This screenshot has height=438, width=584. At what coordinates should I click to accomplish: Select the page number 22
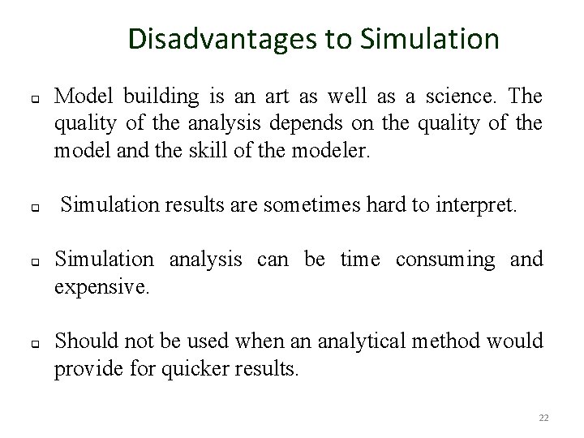543,418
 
